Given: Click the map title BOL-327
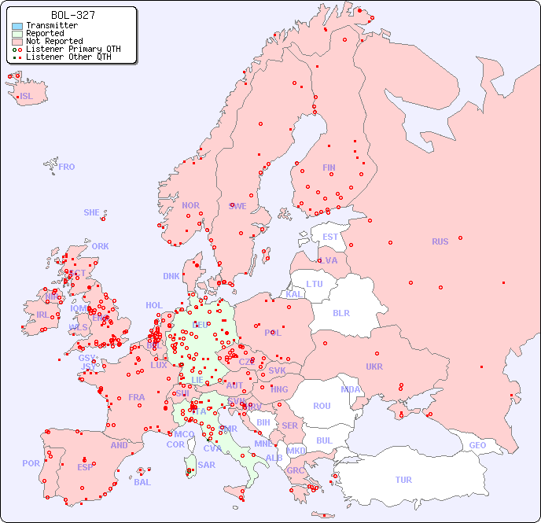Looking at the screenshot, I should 72,15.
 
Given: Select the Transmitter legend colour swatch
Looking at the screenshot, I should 17,26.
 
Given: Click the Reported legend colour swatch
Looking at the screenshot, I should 17,34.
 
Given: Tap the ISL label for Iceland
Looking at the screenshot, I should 27,97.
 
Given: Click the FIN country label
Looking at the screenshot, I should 329,168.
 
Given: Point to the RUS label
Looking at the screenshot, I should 440,241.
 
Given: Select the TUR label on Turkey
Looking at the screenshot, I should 403,480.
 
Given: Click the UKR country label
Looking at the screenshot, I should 374,366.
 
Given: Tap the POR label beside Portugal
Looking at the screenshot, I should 31,463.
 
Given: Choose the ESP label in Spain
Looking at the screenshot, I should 85,467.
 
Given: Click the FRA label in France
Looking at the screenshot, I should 137,397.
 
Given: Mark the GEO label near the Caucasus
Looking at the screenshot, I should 477,445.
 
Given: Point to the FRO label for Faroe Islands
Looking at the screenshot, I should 66,167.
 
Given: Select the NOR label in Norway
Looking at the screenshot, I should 190,205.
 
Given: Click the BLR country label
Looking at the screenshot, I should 340,312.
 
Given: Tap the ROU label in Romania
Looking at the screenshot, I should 322,406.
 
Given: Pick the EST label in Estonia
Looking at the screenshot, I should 330,237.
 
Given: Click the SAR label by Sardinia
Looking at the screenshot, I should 207,465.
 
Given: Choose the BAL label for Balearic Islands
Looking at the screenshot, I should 142,482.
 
